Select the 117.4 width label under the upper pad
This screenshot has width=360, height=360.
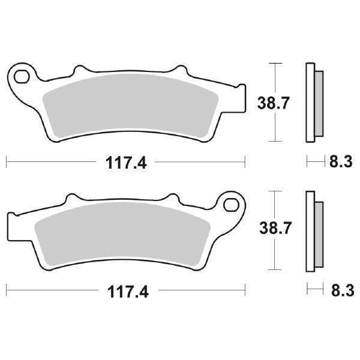[126, 163]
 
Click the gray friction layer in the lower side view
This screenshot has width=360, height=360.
[319, 231]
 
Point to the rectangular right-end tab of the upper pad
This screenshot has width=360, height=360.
[240, 97]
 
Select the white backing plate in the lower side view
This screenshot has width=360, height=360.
[310, 231]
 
